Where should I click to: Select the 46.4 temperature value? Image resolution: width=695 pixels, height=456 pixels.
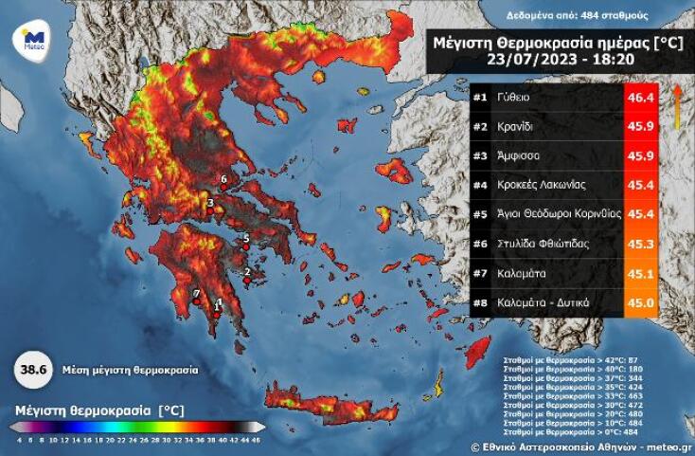pyautogui.click(x=639, y=98)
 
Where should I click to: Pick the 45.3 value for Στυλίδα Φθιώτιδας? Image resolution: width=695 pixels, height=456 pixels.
pyautogui.click(x=639, y=244)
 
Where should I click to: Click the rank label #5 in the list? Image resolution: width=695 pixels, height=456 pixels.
pyautogui.click(x=480, y=214)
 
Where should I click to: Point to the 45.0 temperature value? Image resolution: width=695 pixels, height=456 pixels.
pyautogui.click(x=639, y=302)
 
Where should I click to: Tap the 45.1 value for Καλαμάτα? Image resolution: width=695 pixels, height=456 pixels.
pyautogui.click(x=639, y=273)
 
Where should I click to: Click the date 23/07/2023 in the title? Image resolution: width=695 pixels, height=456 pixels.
pyautogui.click(x=524, y=58)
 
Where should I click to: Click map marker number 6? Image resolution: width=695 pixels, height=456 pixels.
pyautogui.click(x=223, y=186)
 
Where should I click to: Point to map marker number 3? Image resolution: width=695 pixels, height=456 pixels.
pyautogui.click(x=210, y=210)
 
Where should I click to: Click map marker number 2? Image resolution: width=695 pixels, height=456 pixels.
pyautogui.click(x=246, y=279)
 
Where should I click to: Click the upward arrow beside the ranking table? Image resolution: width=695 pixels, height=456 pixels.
pyautogui.click(x=676, y=104)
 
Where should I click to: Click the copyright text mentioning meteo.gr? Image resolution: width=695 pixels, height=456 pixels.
pyautogui.click(x=580, y=445)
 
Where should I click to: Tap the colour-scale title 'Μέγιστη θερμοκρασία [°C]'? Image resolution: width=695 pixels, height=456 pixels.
pyautogui.click(x=98, y=410)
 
